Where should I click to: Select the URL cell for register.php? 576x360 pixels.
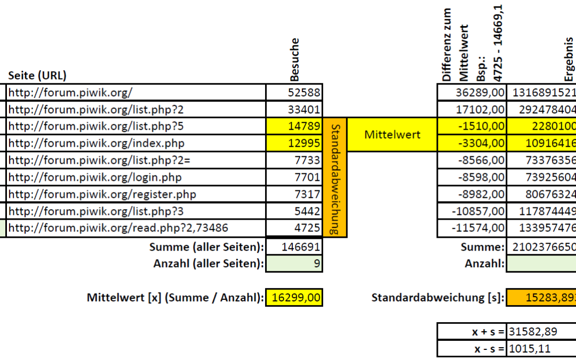136,194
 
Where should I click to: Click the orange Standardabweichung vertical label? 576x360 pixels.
335,177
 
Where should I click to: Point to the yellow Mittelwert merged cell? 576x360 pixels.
392,134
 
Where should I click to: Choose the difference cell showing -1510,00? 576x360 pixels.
471,126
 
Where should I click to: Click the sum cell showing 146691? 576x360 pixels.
294,247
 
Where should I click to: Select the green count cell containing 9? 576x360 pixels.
294,263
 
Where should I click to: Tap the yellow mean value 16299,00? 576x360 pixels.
294,298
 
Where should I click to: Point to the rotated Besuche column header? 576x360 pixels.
294,59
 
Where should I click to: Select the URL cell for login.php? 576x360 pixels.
136,177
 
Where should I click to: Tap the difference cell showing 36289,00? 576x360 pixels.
471,92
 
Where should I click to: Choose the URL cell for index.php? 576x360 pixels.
136,143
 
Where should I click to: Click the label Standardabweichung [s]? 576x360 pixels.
437,298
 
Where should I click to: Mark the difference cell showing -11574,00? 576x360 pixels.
471,228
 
